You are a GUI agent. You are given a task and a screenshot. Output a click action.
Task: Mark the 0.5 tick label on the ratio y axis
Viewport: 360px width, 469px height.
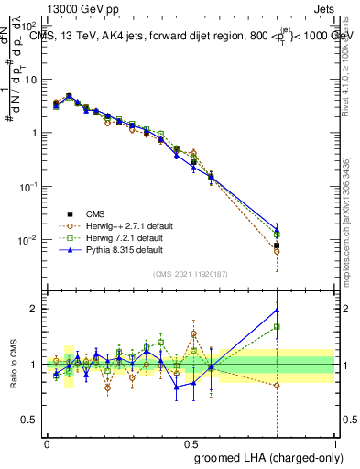point(30,420)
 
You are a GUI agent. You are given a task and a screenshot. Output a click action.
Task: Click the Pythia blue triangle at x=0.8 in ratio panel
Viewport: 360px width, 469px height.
point(277,310)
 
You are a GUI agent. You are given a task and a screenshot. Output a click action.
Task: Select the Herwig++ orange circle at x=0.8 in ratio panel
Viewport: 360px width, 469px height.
point(277,385)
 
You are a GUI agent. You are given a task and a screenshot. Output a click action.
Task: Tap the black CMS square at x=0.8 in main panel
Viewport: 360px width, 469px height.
point(277,245)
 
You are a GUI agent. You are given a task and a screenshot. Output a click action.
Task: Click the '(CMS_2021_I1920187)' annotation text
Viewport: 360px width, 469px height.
point(191,274)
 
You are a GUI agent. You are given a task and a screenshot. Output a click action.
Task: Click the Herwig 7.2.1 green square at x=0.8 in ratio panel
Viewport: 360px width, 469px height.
point(277,326)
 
